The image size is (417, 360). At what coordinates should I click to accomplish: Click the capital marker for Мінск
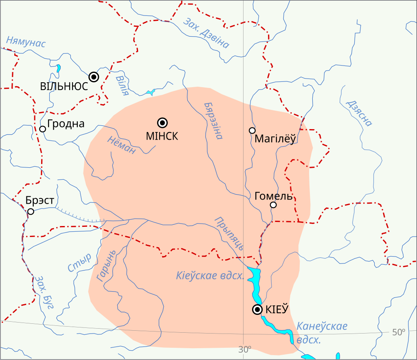point(162,123)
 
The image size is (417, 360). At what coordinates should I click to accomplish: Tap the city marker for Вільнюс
point(94,77)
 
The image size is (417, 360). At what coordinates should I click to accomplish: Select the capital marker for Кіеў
point(257,310)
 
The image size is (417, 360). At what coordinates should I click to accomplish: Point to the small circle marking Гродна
point(42,129)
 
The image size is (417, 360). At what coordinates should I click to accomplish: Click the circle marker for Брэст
point(31,211)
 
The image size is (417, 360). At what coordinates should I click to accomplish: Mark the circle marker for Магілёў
point(252,130)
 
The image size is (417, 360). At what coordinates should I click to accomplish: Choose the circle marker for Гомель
point(273,205)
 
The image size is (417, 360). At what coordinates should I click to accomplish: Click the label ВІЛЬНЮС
point(64,87)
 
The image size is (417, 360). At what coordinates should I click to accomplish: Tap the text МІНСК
point(162,136)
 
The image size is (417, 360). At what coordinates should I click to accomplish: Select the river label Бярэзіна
point(213,121)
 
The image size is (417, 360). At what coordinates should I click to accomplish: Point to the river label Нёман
point(121,145)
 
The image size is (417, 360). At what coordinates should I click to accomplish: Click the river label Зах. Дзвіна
point(206,33)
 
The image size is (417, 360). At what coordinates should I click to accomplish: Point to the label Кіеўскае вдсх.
point(210,276)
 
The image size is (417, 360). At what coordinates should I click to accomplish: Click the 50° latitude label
point(399,332)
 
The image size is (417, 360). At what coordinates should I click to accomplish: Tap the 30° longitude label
point(244,349)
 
